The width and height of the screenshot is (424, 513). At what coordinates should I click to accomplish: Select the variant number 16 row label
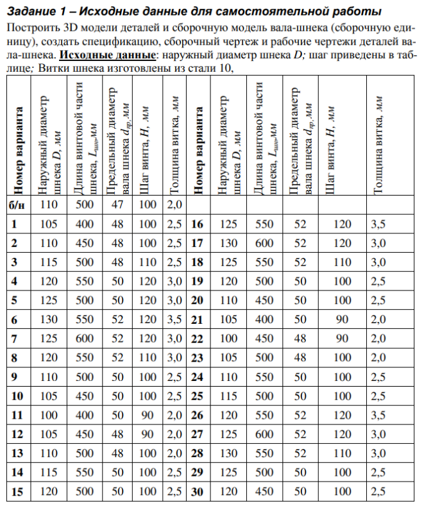[198, 224]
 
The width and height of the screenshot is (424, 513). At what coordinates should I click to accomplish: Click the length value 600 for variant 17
[264, 243]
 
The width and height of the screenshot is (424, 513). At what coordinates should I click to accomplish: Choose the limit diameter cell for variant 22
[300, 339]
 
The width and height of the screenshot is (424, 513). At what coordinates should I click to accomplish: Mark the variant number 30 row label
[198, 492]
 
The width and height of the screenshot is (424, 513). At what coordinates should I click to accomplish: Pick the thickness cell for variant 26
[379, 415]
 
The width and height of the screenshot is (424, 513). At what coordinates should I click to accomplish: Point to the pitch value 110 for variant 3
[148, 262]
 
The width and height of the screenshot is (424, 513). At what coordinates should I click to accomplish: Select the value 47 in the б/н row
[117, 205]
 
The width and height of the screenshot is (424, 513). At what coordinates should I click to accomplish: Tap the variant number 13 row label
[17, 453]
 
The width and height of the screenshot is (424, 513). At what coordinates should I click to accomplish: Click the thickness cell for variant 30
[379, 492]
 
